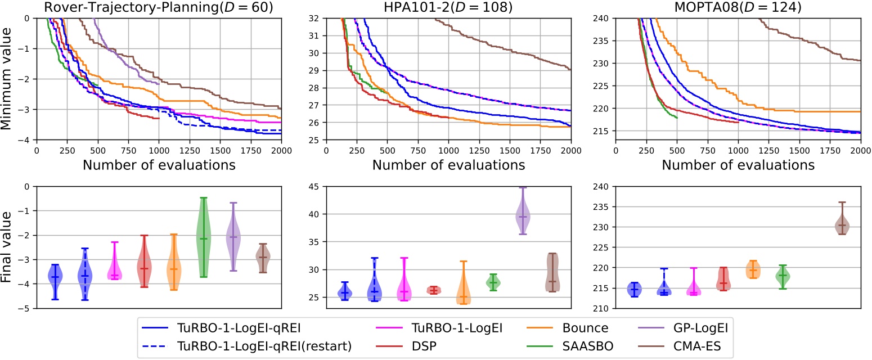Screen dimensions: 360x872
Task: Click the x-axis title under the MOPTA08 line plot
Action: coord(738,165)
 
